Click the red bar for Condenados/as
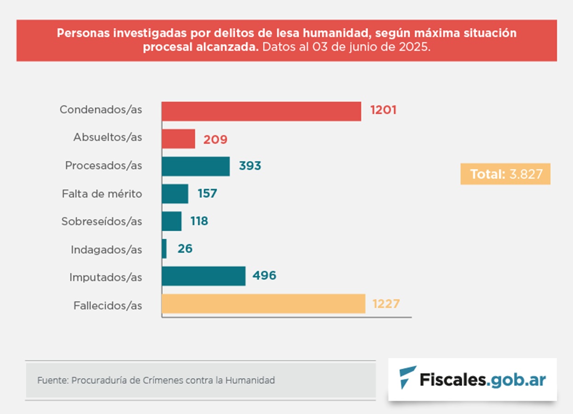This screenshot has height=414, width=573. (x=261, y=111)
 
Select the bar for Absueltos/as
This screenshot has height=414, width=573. (x=178, y=139)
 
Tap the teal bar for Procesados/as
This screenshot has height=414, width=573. (x=196, y=167)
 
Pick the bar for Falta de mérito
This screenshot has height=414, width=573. (x=175, y=194)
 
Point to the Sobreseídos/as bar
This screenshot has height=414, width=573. (x=172, y=221)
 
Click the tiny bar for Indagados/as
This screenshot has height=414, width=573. (x=165, y=249)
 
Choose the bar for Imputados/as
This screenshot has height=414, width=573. (x=204, y=276)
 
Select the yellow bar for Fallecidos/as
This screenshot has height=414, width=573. (x=263, y=304)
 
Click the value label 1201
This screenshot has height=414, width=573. (x=383, y=110)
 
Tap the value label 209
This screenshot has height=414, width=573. (x=216, y=139)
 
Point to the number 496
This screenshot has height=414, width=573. (x=264, y=276)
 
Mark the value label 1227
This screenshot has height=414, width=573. (x=386, y=304)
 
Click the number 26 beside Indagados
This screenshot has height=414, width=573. (x=185, y=249)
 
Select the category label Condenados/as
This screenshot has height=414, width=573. (x=101, y=110)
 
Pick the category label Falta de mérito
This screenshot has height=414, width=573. (x=102, y=194)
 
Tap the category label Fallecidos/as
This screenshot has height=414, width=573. (x=108, y=305)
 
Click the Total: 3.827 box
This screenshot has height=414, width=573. (x=505, y=174)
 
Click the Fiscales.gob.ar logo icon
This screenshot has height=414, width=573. (x=408, y=378)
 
